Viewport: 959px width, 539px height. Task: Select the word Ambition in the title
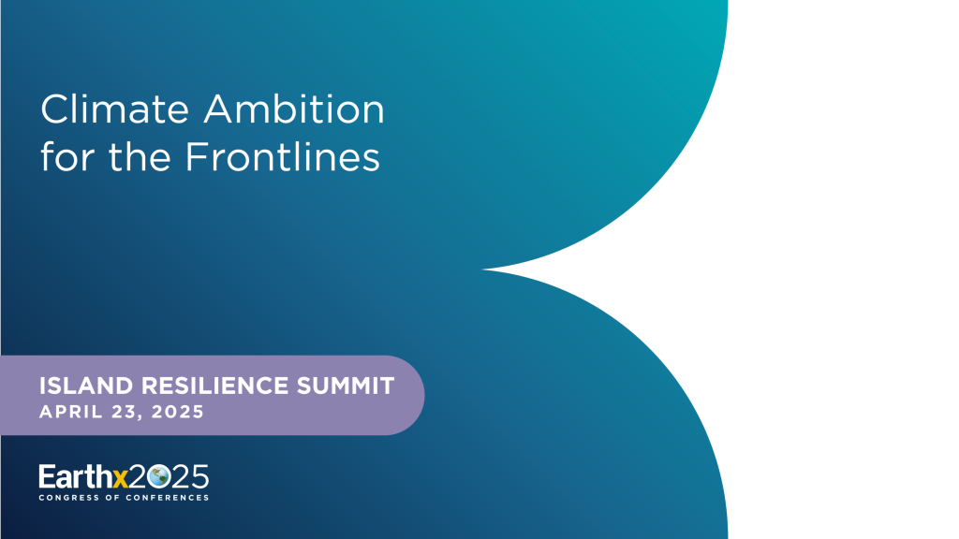click(294, 109)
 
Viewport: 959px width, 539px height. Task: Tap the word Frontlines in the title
click(282, 156)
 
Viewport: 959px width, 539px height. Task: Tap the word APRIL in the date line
click(66, 412)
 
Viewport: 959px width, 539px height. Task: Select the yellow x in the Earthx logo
click(119, 477)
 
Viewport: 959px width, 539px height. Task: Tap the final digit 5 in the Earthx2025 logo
click(199, 476)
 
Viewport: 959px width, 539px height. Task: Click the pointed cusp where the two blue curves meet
click(494, 269)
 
